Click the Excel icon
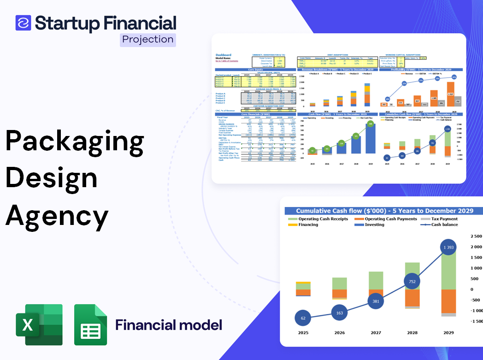click(x=39, y=325)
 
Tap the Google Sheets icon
click(x=91, y=325)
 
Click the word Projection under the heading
click(x=148, y=39)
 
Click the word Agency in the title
click(x=57, y=215)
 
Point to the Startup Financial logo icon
click(x=23, y=23)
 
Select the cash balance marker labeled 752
click(x=412, y=282)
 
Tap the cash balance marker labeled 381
click(x=376, y=301)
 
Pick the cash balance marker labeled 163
click(x=339, y=313)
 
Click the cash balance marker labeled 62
click(x=303, y=318)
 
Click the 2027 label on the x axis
click(x=376, y=332)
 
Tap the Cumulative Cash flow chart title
click(x=384, y=211)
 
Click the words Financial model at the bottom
click(x=169, y=325)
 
